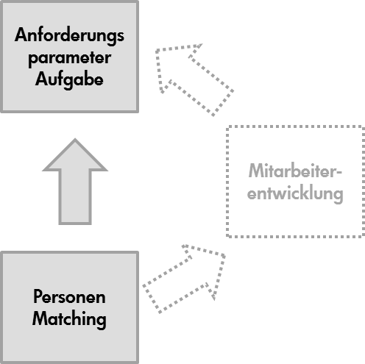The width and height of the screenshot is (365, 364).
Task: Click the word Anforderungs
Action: tap(69, 36)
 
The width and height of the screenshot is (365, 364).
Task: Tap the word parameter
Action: tap(70, 59)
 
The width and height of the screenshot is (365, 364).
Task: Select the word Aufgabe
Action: tap(69, 79)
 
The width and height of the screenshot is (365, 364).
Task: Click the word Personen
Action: tap(69, 296)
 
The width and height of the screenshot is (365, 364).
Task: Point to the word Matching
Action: tap(69, 319)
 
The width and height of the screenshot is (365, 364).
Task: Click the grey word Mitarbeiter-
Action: tap(295, 171)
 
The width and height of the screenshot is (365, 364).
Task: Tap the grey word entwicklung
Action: tap(295, 193)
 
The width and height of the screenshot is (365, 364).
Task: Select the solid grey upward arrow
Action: tap(75, 182)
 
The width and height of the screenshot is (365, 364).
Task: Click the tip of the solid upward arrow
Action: tap(75, 139)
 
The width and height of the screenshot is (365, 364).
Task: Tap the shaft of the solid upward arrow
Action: tap(75, 196)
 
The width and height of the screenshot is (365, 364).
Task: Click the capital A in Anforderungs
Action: tap(21, 35)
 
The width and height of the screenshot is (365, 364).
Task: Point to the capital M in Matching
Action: tap(40, 318)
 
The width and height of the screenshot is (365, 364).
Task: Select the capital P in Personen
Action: tap(38, 296)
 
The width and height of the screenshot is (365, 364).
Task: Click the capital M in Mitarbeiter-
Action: tap(257, 171)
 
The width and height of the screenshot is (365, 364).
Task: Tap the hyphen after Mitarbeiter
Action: tap(339, 172)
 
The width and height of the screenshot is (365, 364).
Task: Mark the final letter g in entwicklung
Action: tap(338, 196)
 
